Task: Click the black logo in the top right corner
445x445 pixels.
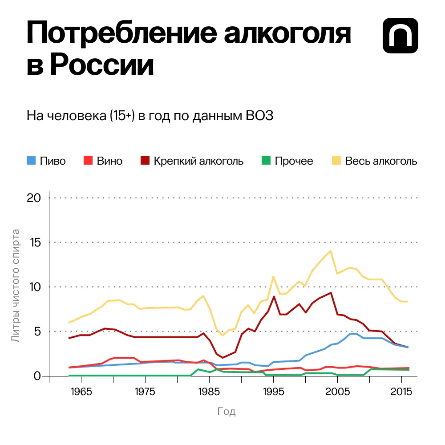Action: click(400, 36)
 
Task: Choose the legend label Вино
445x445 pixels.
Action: click(109, 161)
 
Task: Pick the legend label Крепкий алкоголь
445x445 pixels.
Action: click(198, 161)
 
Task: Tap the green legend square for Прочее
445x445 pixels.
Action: click(266, 161)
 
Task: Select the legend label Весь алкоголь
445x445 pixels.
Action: click(381, 161)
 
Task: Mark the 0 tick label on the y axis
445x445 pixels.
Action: click(38, 376)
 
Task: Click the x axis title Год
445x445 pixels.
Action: click(226, 412)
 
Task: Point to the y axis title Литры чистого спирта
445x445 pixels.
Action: click(16, 286)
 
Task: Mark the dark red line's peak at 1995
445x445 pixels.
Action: click(274, 296)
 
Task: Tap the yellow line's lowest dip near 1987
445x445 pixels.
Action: click(222, 335)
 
